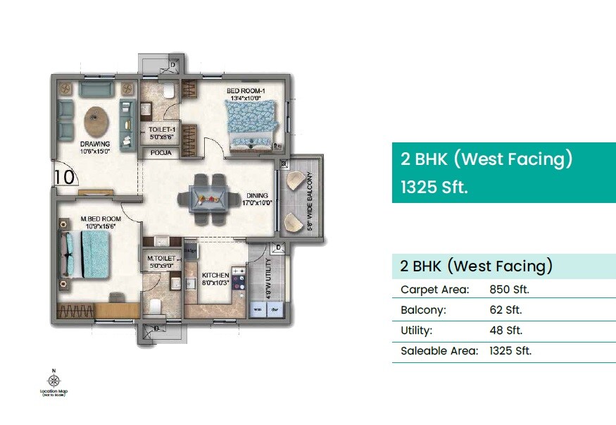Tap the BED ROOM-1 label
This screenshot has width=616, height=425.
(x=244, y=92)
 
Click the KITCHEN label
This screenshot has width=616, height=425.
(x=215, y=275)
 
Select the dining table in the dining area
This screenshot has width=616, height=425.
(x=208, y=199)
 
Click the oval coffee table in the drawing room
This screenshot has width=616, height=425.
(x=96, y=119)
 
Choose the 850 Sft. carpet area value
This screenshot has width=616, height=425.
(x=509, y=290)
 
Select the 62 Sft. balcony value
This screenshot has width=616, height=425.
(x=505, y=310)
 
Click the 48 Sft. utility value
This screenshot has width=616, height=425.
(x=505, y=331)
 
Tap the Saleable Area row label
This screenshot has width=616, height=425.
(x=439, y=351)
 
